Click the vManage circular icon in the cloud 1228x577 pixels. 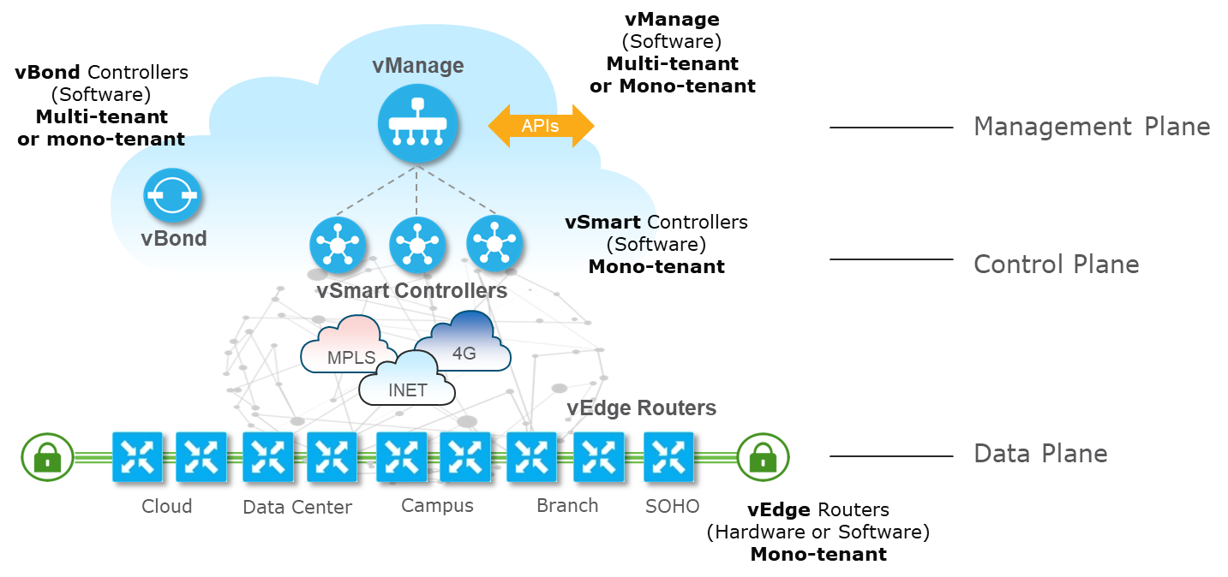point(417,127)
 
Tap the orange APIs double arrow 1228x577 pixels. point(541,127)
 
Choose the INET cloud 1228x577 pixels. point(408,381)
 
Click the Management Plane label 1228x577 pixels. point(1092,128)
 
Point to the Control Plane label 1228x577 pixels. point(1056,265)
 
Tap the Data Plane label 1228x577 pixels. point(1040,454)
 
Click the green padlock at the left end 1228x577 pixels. point(46,456)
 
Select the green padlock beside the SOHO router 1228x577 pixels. point(762,456)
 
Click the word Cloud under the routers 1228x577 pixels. point(167,506)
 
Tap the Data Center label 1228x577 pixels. point(297,507)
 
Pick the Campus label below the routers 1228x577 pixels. point(437,506)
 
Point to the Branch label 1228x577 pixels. point(567,506)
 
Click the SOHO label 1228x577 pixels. point(673,506)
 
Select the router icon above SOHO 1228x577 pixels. point(668,456)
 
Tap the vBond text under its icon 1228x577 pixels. point(174,239)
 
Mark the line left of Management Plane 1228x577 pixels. point(891,128)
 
